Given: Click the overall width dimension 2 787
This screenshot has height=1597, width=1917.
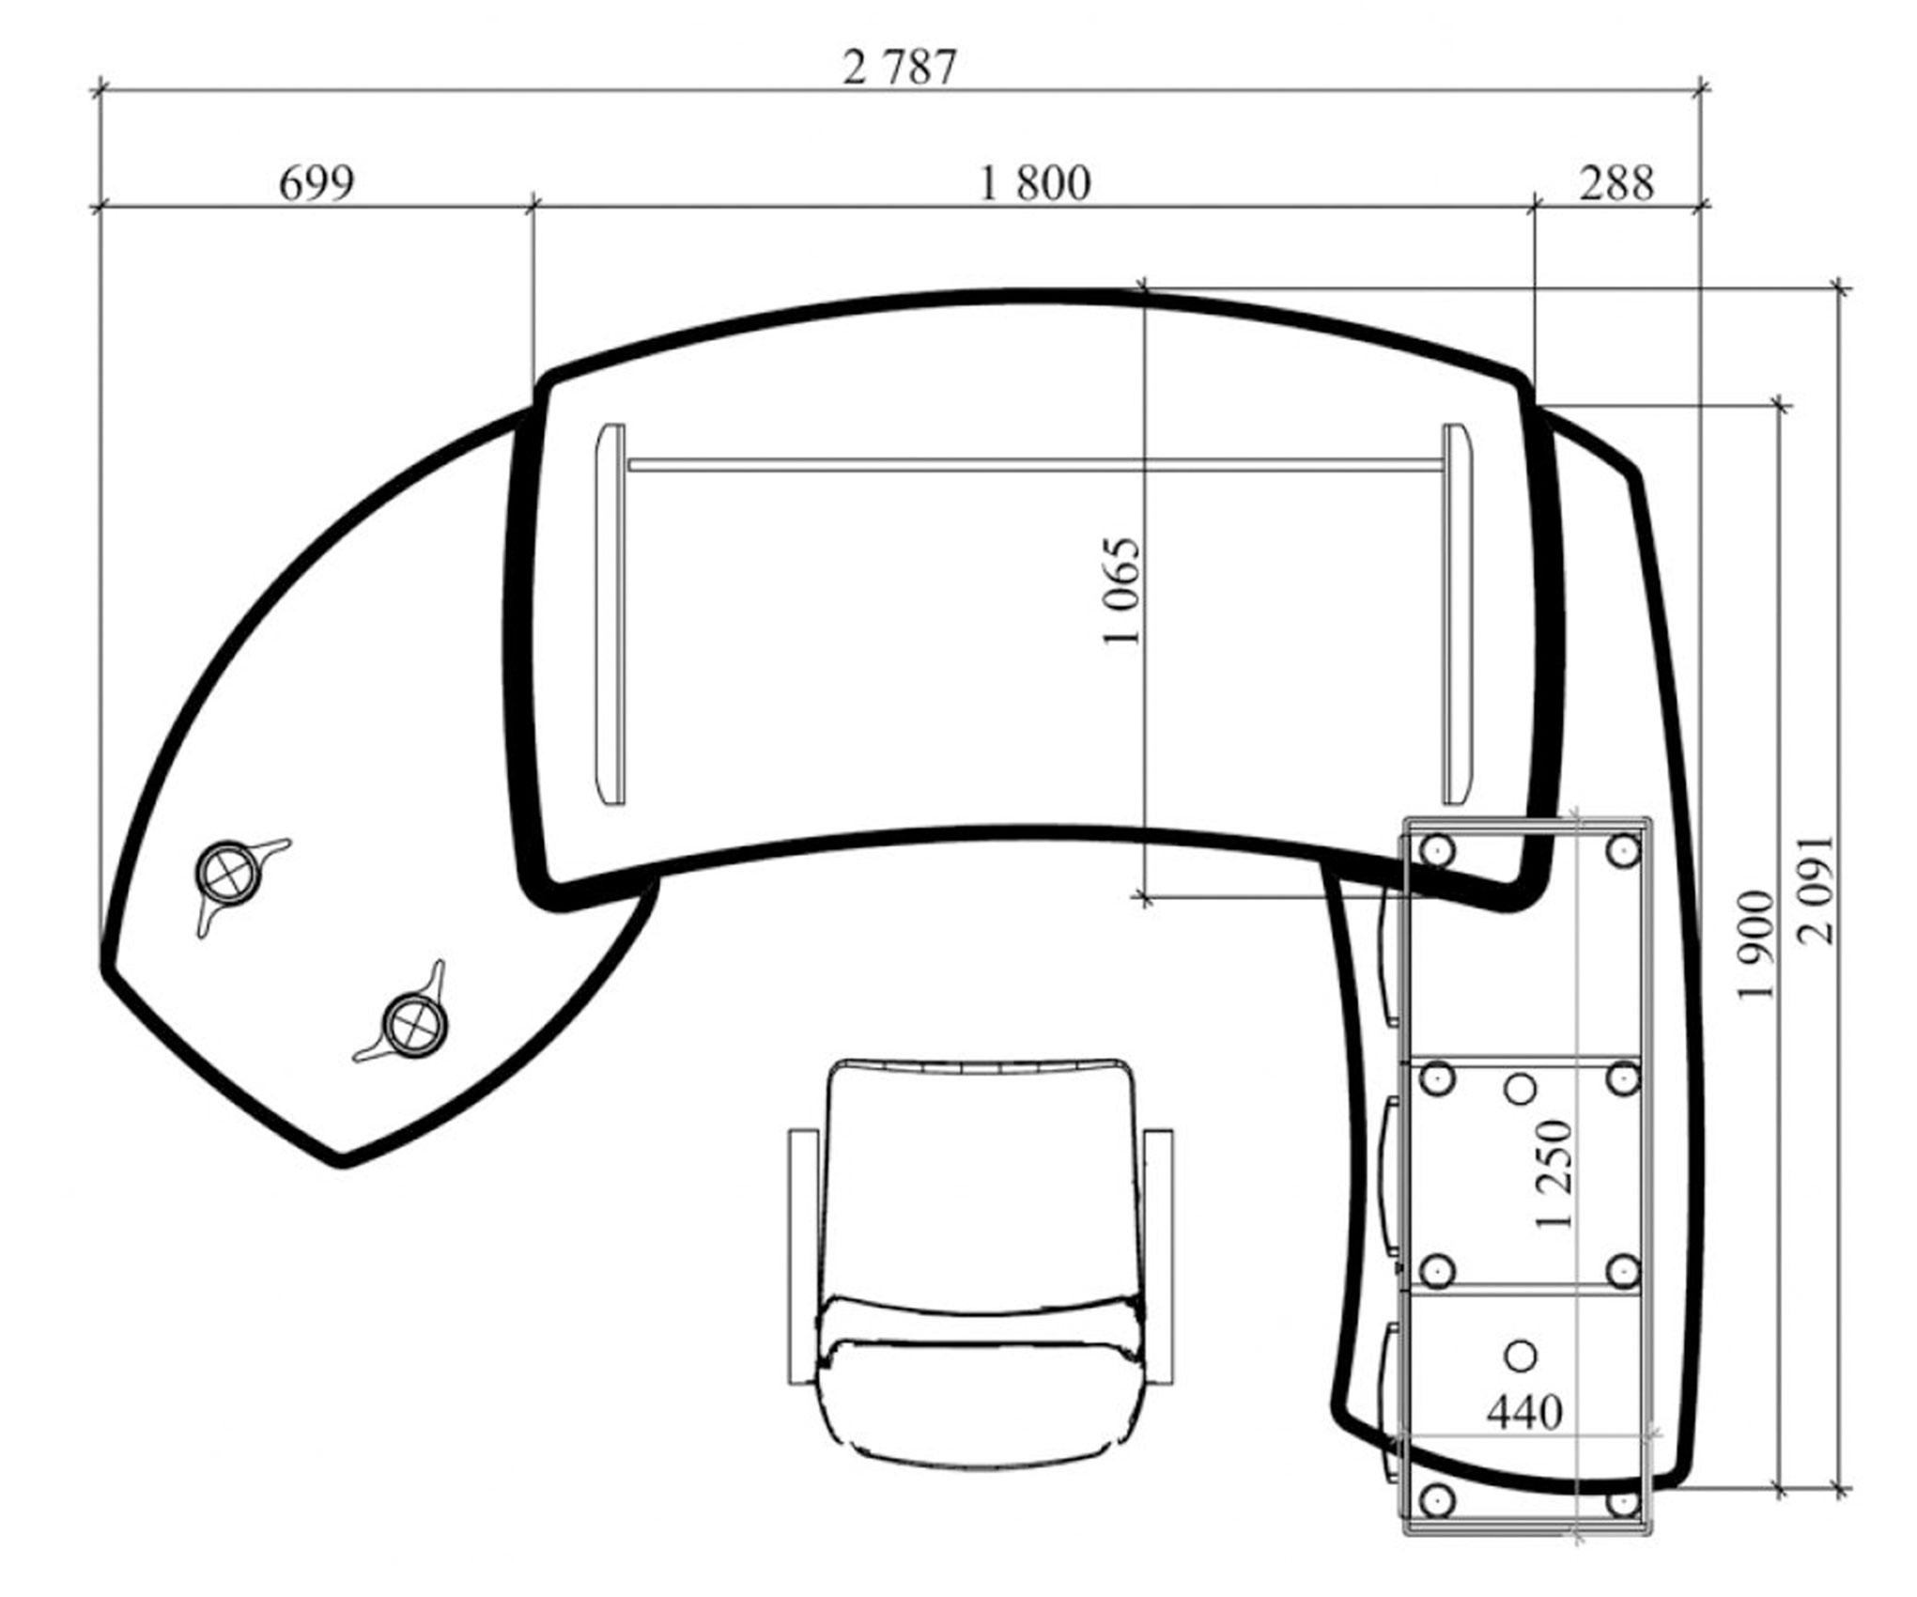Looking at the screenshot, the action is (899, 68).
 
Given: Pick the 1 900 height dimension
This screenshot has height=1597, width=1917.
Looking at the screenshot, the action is (1755, 946).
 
